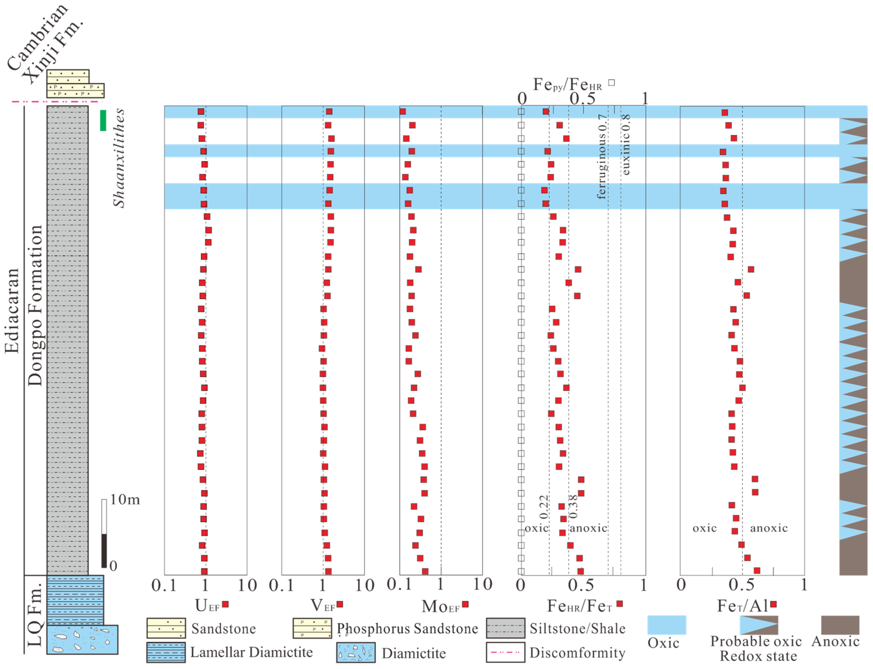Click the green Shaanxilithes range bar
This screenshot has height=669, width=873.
103,120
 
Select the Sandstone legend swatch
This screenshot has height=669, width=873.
166,628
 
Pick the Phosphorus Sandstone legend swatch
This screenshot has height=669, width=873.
312,628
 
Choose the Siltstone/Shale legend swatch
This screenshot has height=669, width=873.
505,628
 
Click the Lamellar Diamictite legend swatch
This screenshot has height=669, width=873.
166,652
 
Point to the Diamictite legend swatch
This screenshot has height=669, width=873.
355,652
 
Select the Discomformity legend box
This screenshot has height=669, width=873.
505,652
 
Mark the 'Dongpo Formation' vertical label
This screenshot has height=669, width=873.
35,306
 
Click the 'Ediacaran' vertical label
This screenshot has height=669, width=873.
12,311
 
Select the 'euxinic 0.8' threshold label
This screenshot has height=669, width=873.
626,144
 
